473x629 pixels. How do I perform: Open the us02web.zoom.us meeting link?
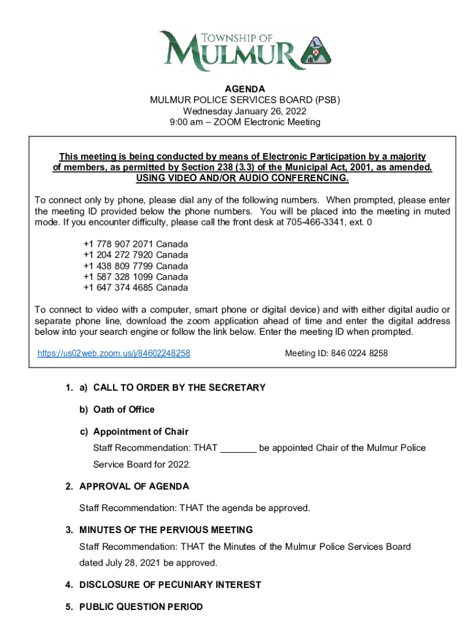click(114, 353)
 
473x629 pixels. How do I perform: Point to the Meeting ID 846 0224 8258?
click(337, 353)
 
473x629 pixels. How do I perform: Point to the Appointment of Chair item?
click(141, 431)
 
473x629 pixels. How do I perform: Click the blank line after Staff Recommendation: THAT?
click(238, 448)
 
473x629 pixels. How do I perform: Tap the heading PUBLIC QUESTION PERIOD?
click(141, 607)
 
